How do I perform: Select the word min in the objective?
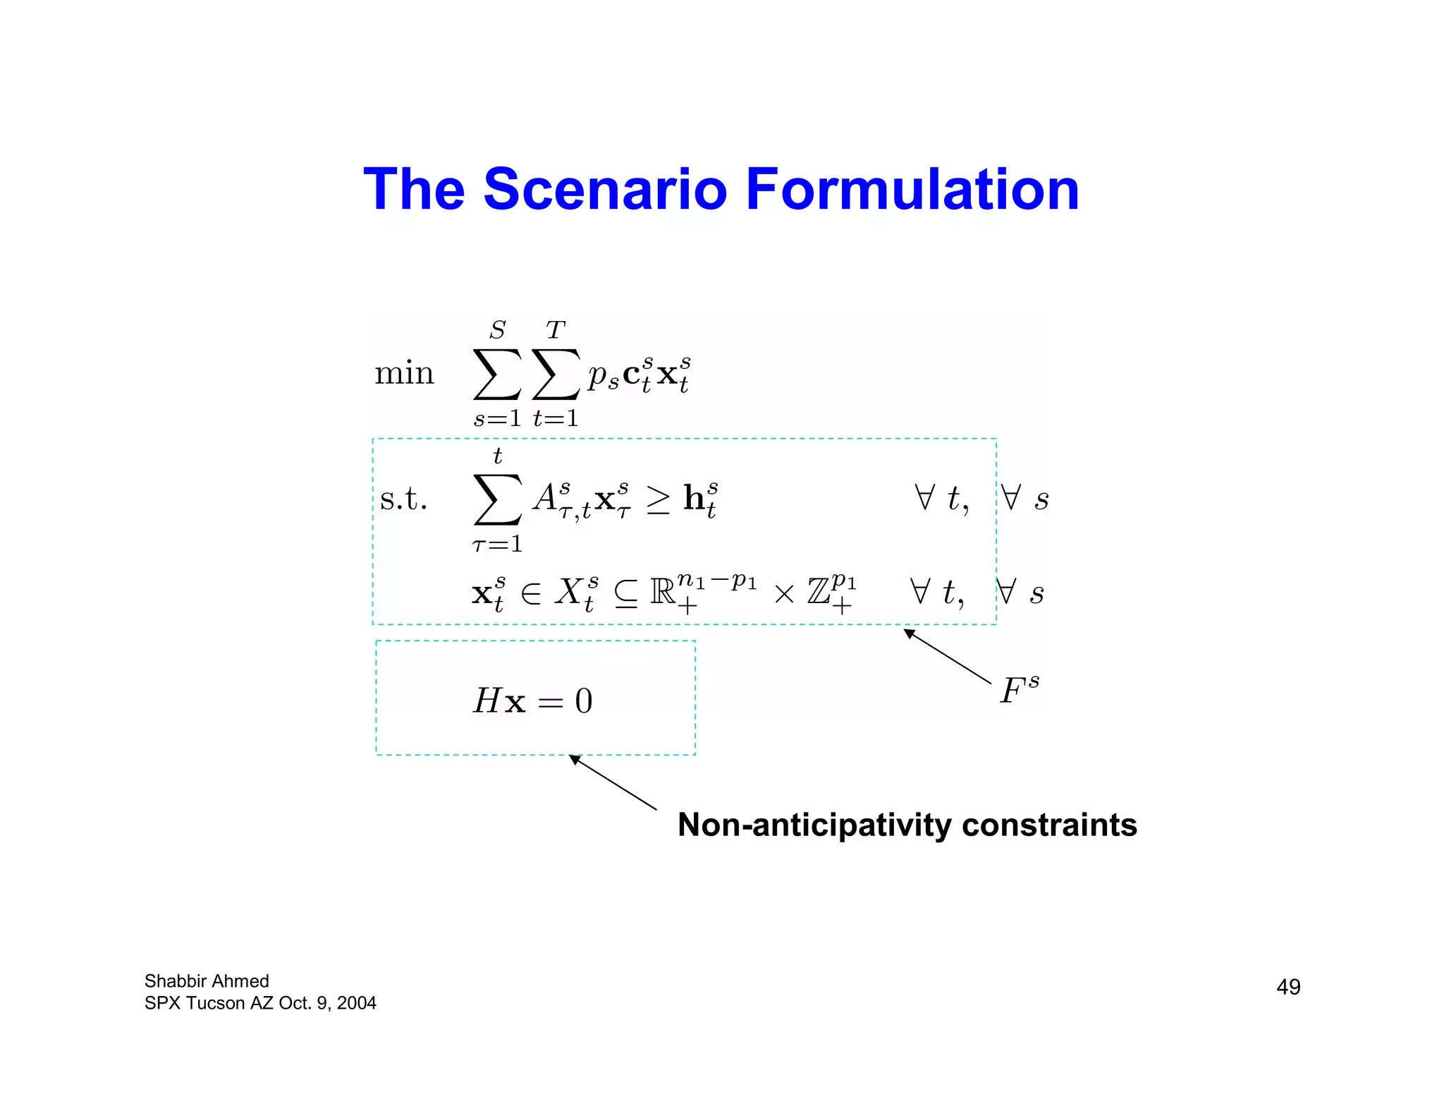pyautogui.click(x=404, y=373)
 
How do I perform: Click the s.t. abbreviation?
pyautogui.click(x=403, y=499)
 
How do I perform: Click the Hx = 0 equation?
pyautogui.click(x=532, y=700)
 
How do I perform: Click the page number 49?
pyautogui.click(x=1288, y=986)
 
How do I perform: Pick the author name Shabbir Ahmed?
pyautogui.click(x=207, y=981)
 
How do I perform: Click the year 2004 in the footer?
pyautogui.click(x=356, y=1002)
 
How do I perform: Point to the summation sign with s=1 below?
pyautogui.click(x=497, y=375)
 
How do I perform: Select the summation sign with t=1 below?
pyautogui.click(x=556, y=375)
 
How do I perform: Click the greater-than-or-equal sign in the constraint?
pyautogui.click(x=658, y=499)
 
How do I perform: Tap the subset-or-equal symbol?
pyautogui.click(x=626, y=594)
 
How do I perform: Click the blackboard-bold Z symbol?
pyautogui.click(x=819, y=592)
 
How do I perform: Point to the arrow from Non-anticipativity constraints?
pyautogui.click(x=613, y=782)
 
